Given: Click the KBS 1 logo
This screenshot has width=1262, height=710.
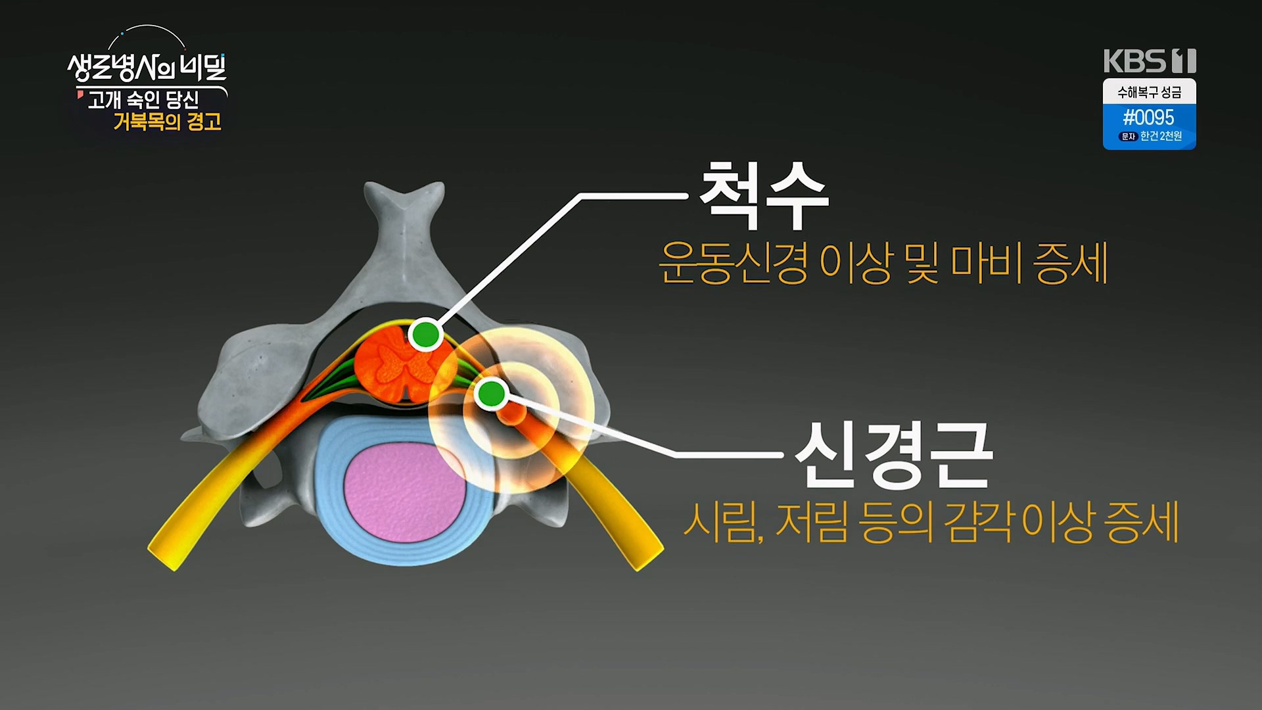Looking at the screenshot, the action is click(1149, 61).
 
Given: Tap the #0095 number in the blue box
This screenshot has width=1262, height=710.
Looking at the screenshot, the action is click(1148, 118).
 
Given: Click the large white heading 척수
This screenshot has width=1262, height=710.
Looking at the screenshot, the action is click(762, 196).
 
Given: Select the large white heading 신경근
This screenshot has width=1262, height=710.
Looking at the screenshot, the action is click(893, 455).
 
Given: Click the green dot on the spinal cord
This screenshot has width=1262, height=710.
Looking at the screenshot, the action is click(425, 335).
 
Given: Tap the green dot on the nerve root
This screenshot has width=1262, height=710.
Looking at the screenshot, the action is click(490, 394).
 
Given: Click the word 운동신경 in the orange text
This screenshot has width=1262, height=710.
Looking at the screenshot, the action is click(733, 263).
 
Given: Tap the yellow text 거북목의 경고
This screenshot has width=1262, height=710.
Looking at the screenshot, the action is click(167, 122).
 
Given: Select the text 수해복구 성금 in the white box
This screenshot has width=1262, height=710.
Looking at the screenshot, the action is click(1149, 93).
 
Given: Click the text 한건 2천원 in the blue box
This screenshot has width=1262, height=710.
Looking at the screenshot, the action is click(1161, 136).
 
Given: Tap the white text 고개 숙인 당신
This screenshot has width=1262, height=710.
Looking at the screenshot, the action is click(143, 100).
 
